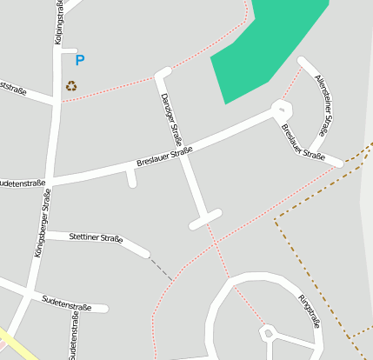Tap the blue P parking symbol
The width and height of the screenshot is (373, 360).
(x=80, y=61)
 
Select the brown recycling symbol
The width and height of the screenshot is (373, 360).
(x=71, y=85)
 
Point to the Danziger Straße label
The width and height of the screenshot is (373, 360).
(x=171, y=121)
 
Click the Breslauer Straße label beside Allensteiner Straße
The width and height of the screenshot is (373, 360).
(x=303, y=143)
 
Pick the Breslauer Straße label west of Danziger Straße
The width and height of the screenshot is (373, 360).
(x=164, y=157)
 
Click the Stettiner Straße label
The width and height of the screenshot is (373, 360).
(x=95, y=237)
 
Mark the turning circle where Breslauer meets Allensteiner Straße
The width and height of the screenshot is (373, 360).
(x=281, y=110)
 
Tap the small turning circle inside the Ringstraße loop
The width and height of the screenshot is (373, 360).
(x=268, y=333)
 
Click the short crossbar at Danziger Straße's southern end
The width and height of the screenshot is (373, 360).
(x=205, y=218)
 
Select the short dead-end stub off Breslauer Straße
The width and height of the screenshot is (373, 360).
(x=131, y=178)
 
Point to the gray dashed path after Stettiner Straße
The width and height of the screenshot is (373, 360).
(x=160, y=264)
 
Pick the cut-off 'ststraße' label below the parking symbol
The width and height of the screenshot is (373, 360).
(x=13, y=90)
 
